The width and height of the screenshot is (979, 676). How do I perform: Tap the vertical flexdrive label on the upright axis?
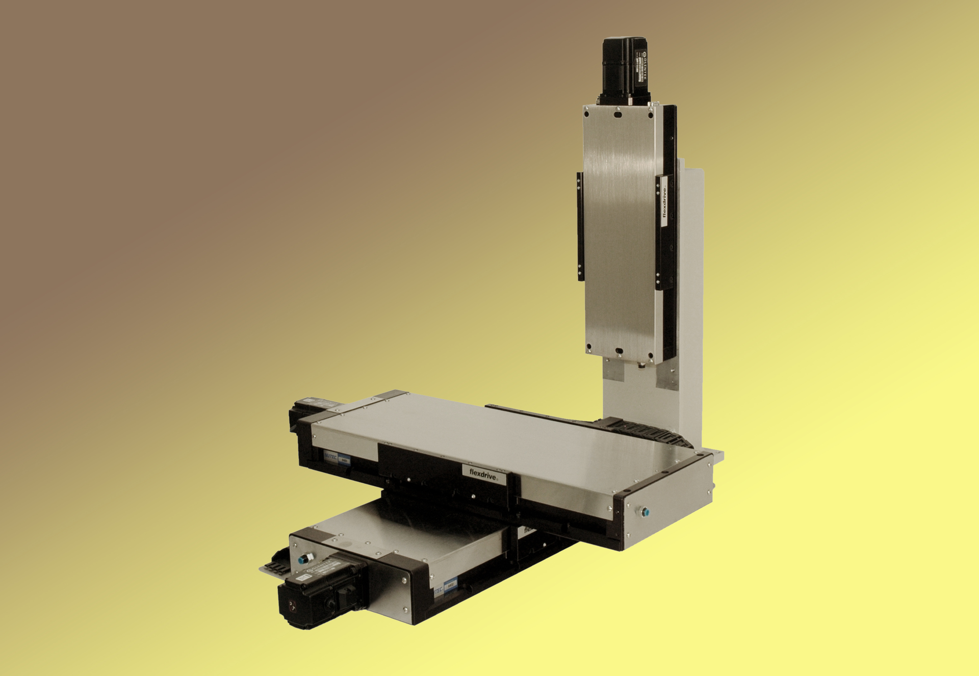coord(664,202)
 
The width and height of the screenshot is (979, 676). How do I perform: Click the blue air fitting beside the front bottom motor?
coord(303,559)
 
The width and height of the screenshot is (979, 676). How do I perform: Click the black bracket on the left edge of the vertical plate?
coord(580,226)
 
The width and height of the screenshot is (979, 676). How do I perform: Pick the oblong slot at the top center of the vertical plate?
coord(618,115)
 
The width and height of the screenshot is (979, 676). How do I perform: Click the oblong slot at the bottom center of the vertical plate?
coord(619,351)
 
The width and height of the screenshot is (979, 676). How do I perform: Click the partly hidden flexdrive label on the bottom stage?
coord(528,530)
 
